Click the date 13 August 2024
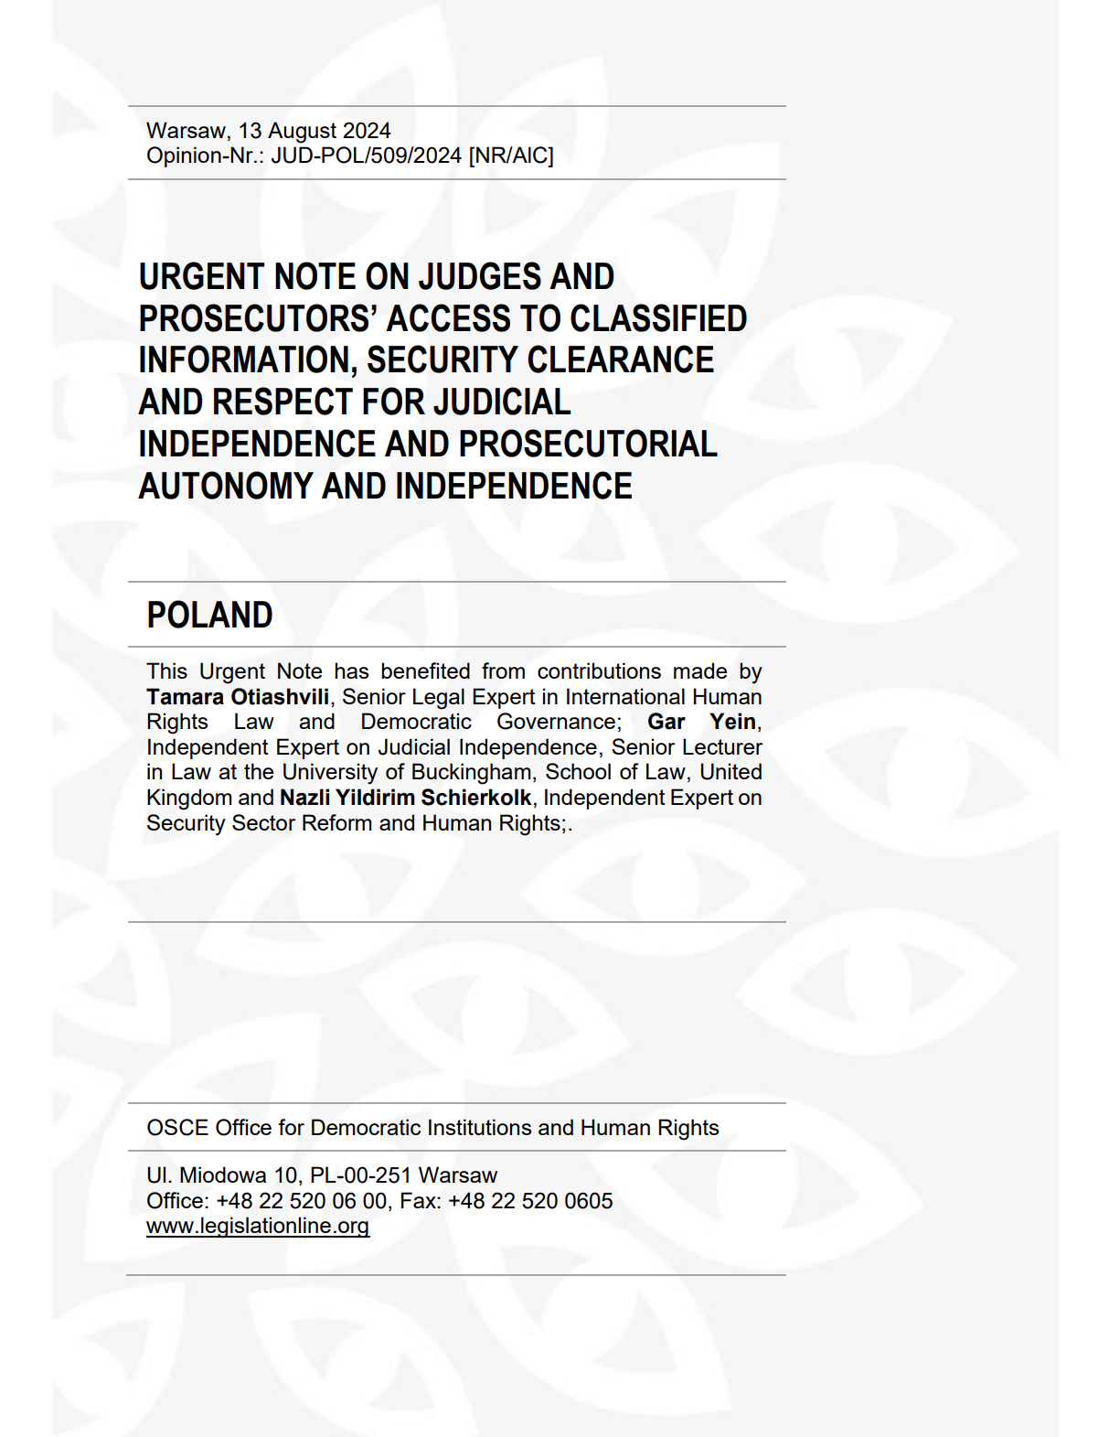tap(315, 131)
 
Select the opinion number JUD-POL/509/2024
tap(366, 155)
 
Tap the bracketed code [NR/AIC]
tap(511, 155)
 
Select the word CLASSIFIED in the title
tap(658, 319)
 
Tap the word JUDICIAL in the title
tap(502, 402)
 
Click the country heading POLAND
tap(209, 616)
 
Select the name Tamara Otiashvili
tap(238, 697)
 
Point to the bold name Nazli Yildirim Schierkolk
tap(405, 798)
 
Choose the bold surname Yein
tap(733, 722)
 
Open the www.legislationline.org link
tap(258, 1227)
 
